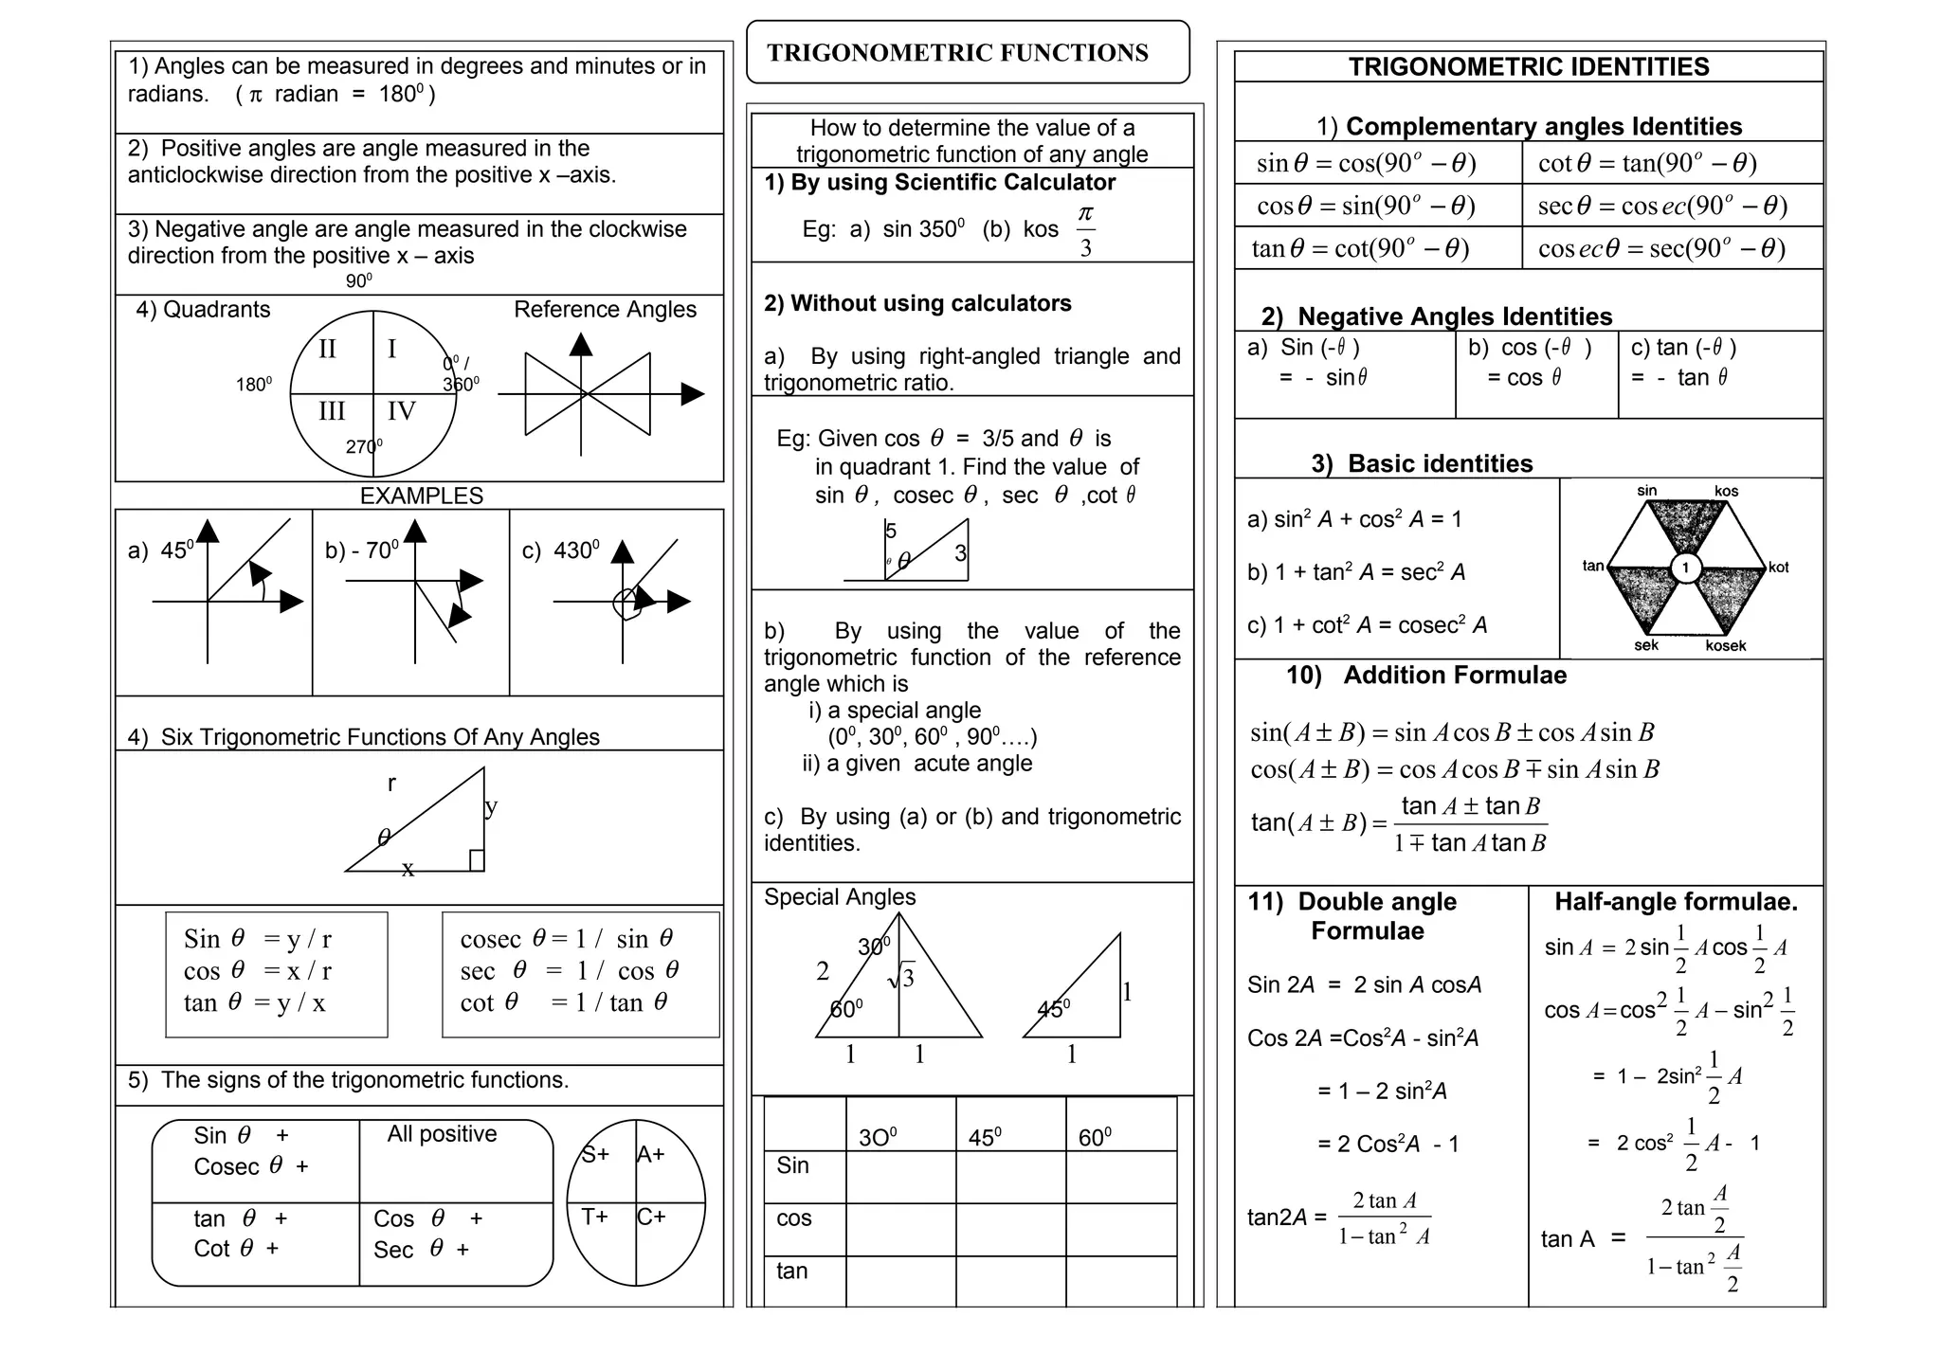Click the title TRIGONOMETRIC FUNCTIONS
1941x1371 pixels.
pyautogui.click(x=957, y=53)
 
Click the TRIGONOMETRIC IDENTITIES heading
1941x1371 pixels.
pyautogui.click(x=1528, y=67)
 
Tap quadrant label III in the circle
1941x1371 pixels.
pyautogui.click(x=332, y=411)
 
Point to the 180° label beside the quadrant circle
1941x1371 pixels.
pyautogui.click(x=253, y=384)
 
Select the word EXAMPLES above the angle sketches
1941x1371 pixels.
pyautogui.click(x=421, y=496)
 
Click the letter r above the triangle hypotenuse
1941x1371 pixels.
pyautogui.click(x=391, y=783)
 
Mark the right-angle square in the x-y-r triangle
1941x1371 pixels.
pyautogui.click(x=477, y=860)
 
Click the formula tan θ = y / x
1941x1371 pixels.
pyautogui.click(x=254, y=1002)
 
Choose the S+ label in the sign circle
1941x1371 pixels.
pyautogui.click(x=595, y=1154)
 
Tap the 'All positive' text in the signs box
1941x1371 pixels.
pyautogui.click(x=442, y=1134)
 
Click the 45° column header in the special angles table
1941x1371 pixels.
pyautogui.click(x=985, y=1137)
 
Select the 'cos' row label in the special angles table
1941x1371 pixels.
pyautogui.click(x=793, y=1218)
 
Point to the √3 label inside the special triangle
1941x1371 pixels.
pyautogui.click(x=901, y=977)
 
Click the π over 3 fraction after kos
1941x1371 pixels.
pyautogui.click(x=1085, y=230)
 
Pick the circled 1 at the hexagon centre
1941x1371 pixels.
pyautogui.click(x=1685, y=568)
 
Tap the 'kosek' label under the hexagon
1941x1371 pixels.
pyautogui.click(x=1725, y=646)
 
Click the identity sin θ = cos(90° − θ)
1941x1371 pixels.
pyautogui.click(x=1366, y=164)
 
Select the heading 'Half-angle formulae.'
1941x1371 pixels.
pyautogui.click(x=1676, y=902)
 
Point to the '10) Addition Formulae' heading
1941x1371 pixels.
pyautogui.click(x=1425, y=676)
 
